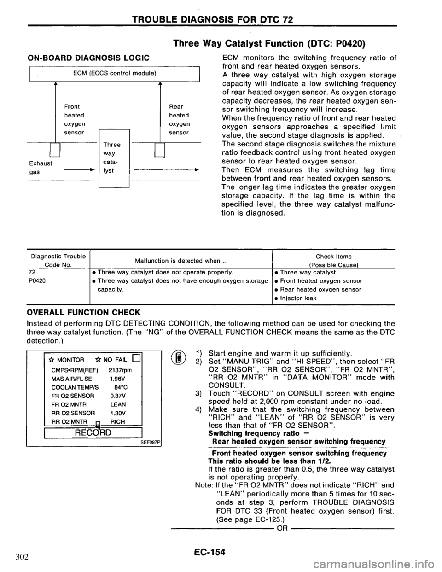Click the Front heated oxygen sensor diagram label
(74, 119)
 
